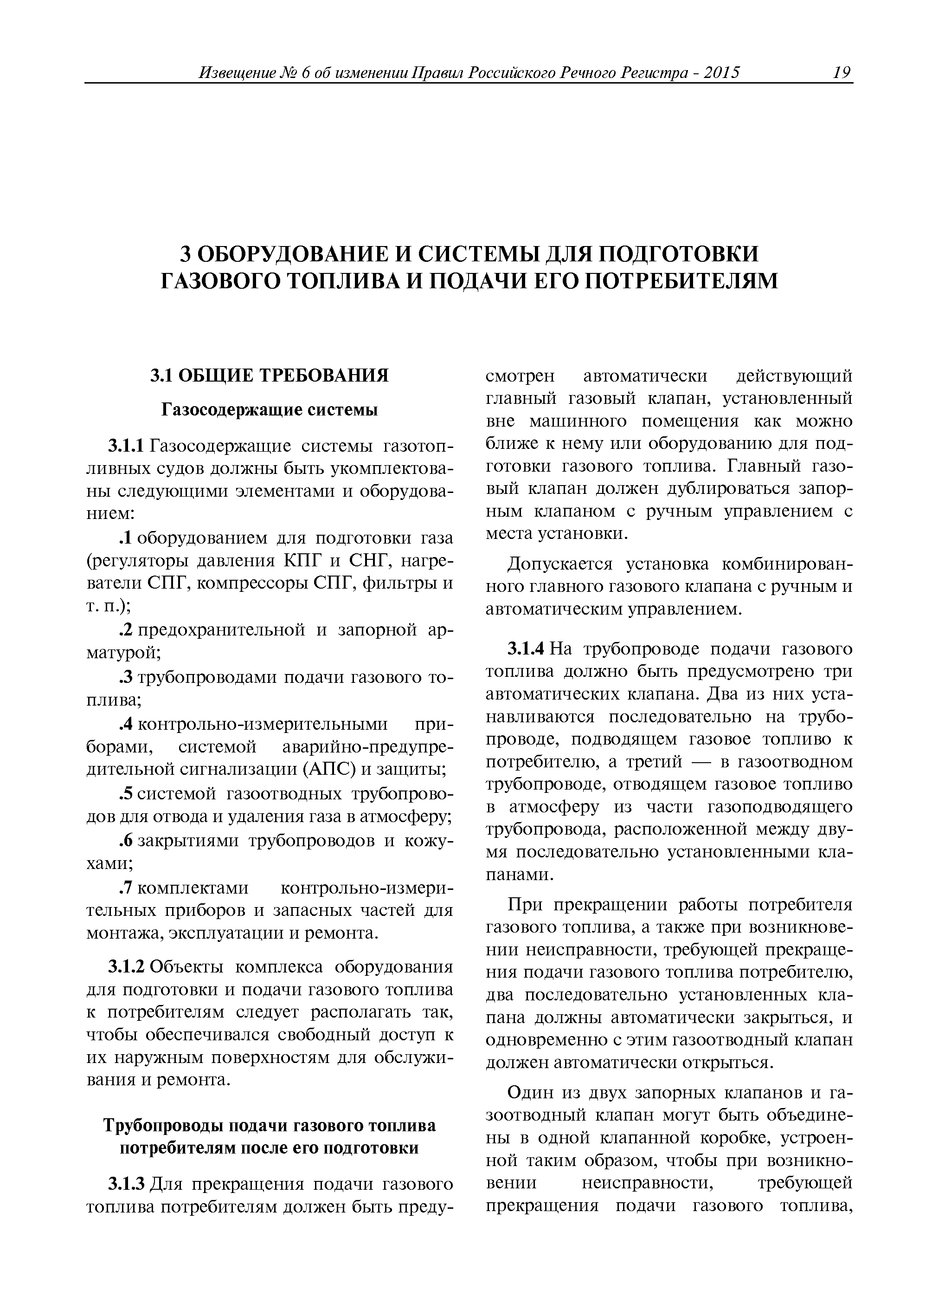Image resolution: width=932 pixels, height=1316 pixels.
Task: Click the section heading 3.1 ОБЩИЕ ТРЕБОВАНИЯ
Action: tap(269, 376)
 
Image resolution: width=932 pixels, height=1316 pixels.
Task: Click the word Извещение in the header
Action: tap(238, 73)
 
